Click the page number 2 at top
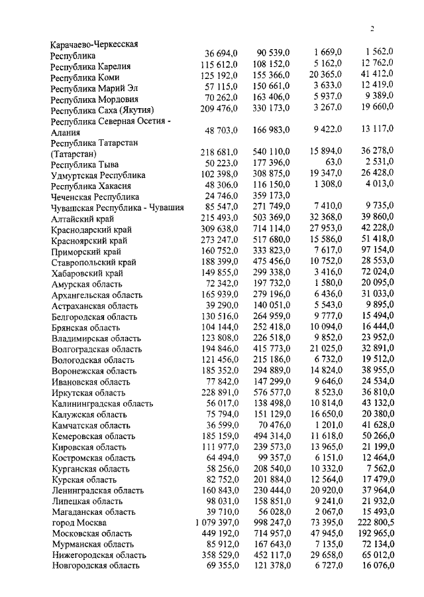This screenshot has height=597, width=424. coord(372,29)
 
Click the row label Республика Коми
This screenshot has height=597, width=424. coord(85,77)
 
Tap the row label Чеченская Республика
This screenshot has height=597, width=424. coord(95,197)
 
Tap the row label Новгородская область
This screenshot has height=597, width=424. coord(95,566)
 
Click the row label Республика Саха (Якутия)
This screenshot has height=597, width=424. coord(103,109)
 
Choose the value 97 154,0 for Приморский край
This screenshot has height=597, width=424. coord(376,251)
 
